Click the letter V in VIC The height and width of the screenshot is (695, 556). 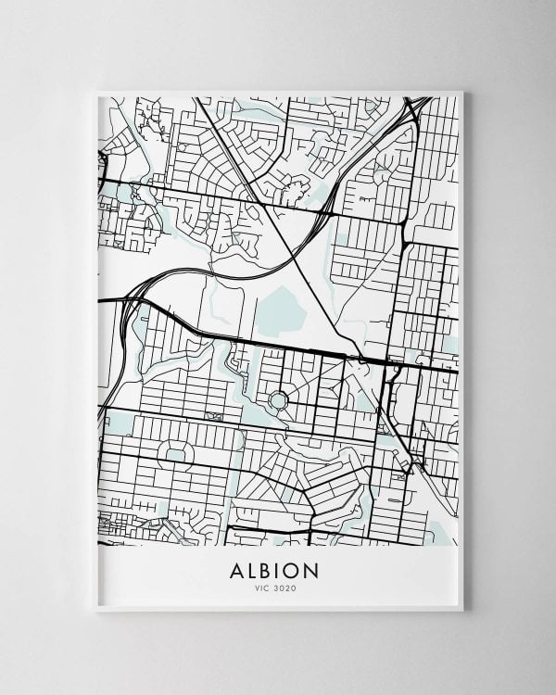point(258,587)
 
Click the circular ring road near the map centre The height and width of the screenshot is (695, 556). point(277,401)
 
